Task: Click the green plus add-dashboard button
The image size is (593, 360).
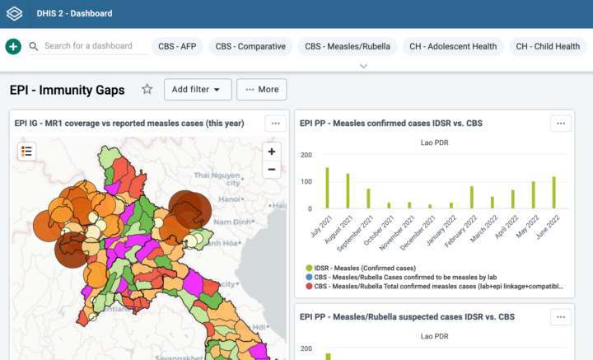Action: tap(13, 47)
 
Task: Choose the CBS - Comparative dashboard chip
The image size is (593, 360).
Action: tap(250, 47)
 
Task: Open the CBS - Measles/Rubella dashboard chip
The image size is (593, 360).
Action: tap(348, 47)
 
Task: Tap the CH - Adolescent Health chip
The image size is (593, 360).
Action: tap(451, 47)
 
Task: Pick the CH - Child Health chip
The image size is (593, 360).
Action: tap(548, 47)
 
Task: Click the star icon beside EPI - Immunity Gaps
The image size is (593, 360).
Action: tap(147, 89)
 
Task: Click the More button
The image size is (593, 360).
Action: tap(261, 89)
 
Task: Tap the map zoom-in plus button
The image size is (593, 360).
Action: tap(272, 152)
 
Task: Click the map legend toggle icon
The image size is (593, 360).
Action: tap(27, 151)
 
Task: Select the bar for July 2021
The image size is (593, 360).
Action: tap(327, 189)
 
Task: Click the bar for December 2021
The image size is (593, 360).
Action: tap(430, 206)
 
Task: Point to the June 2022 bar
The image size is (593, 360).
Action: tap(553, 193)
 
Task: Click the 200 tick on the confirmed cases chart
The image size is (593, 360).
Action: tap(306, 155)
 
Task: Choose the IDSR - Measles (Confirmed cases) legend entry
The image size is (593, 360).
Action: tap(362, 268)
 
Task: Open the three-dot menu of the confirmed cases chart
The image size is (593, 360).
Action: tap(560, 123)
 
